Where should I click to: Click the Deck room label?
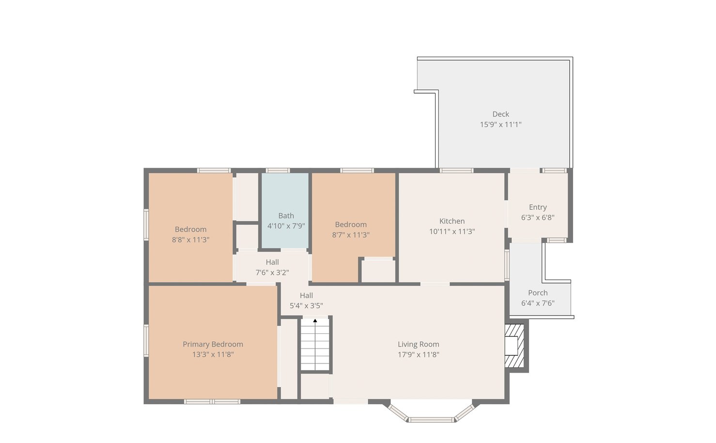(x=500, y=114)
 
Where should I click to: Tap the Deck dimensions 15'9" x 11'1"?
(x=500, y=125)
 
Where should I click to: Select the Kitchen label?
(x=452, y=221)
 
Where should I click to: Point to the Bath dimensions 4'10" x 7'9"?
(x=286, y=226)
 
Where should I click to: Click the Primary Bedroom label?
(x=213, y=344)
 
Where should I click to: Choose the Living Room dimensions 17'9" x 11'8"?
(x=419, y=354)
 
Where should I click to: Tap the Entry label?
(x=538, y=207)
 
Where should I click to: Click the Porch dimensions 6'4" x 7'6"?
(x=538, y=303)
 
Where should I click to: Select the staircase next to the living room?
(x=315, y=344)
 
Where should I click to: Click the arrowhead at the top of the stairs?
(x=315, y=320)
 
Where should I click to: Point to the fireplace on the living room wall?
(x=514, y=346)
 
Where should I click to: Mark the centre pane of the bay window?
(x=431, y=420)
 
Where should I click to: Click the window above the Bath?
(x=278, y=171)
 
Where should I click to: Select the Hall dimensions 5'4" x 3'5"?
(x=306, y=305)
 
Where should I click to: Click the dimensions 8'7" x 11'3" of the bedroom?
(x=351, y=235)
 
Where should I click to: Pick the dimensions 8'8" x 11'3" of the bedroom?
(x=190, y=239)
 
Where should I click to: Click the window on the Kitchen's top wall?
(x=456, y=171)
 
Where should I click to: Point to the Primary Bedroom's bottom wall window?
(x=212, y=402)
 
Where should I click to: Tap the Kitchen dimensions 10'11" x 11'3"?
(x=452, y=231)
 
